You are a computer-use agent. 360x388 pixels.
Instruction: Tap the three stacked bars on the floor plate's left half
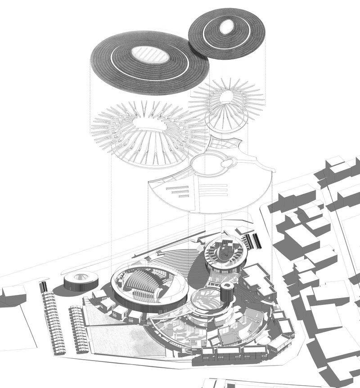[177, 191]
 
